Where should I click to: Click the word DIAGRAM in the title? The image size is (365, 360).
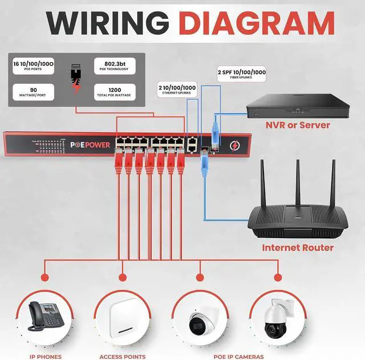256,23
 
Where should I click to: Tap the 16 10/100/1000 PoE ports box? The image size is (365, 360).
33,66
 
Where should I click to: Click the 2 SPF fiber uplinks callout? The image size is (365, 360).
242,75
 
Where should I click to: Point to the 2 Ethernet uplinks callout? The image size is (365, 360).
177,89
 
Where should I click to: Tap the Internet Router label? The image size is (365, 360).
298,248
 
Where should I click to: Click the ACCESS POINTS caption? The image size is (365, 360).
122,357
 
